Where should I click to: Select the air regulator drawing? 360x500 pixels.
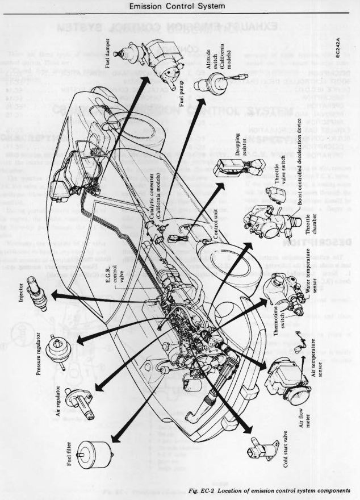(78, 401)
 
